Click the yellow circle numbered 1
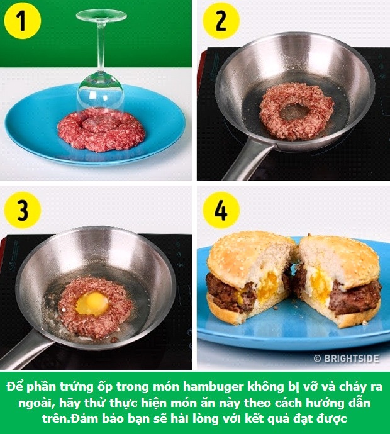point(23,21)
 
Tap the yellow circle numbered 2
point(221,21)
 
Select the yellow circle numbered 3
point(23,210)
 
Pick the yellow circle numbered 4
point(221,210)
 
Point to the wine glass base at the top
point(101,16)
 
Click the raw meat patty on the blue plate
point(101,130)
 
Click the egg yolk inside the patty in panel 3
point(92,304)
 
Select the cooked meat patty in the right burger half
point(354,299)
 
